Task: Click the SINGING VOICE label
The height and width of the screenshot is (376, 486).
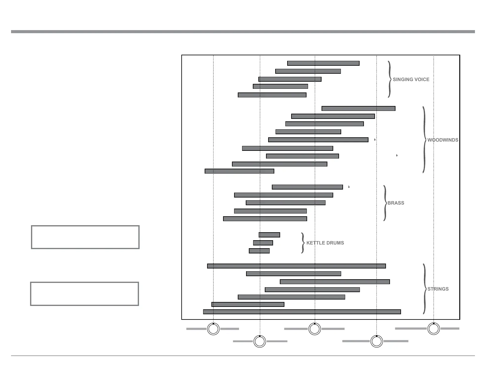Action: (411, 80)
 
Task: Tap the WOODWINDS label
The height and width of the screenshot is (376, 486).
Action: (443, 140)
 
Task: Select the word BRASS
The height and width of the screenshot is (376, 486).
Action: (396, 203)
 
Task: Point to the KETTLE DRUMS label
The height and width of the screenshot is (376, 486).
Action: (325, 243)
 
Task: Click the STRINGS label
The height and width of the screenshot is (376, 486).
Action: (438, 289)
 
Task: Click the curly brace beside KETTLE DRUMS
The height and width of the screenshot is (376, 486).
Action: (303, 243)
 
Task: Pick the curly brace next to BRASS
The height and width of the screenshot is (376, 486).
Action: (385, 203)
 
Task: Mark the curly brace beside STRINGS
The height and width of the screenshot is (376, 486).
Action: (424, 289)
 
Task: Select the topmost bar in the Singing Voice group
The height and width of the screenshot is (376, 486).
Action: (323, 63)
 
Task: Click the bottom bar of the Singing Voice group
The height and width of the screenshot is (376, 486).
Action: (272, 95)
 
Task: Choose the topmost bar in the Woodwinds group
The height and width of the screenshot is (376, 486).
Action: (358, 108)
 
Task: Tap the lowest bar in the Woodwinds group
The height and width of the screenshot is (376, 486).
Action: (239, 171)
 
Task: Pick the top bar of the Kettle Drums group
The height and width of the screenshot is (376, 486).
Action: (269, 235)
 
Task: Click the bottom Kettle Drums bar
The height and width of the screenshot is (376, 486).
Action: (259, 251)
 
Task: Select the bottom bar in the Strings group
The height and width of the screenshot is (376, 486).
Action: (302, 312)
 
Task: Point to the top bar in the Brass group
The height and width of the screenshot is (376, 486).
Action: (307, 187)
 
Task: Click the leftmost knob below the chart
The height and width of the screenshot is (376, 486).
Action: (213, 329)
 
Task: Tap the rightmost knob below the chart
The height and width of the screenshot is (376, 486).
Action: (434, 329)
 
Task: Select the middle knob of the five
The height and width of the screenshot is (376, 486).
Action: (314, 329)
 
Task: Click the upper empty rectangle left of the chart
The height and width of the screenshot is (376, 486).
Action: (85, 237)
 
